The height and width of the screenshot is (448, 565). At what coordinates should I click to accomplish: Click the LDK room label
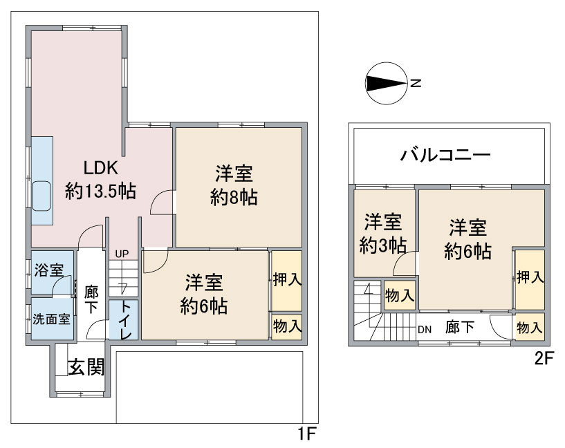pos(100,168)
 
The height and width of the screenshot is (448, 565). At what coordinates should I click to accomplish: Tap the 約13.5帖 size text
pos(100,192)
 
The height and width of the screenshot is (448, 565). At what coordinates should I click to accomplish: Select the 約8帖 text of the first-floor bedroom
pos(234,197)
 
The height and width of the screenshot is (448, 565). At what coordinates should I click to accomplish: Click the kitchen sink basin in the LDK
pos(41,196)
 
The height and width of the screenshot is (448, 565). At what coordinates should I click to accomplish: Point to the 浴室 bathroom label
pos(49,270)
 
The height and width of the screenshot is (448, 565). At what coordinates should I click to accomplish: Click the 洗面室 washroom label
pos(52,319)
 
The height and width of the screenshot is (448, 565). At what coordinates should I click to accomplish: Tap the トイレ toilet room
pos(123,319)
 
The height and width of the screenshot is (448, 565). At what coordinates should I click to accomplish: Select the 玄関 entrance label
pos(86,367)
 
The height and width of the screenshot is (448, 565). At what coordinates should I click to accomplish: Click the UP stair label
pos(122,254)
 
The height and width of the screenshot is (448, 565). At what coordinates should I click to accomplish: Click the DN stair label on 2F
pos(425,330)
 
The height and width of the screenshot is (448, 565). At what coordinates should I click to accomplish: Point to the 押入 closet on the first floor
pos(287,281)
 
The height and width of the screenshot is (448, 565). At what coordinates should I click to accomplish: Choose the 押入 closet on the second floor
pos(530,279)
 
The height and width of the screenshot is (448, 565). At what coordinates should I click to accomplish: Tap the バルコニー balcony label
pos(446,156)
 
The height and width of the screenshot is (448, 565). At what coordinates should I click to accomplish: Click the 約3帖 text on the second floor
pos(383,246)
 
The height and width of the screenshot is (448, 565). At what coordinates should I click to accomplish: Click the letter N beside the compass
pos(416,83)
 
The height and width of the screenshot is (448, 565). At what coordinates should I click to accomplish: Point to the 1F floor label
pos(306,433)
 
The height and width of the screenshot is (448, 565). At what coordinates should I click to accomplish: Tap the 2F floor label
pos(544,358)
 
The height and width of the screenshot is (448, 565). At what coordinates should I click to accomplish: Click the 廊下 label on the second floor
pos(460,327)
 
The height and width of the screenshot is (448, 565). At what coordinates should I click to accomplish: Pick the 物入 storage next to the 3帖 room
pos(399,295)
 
